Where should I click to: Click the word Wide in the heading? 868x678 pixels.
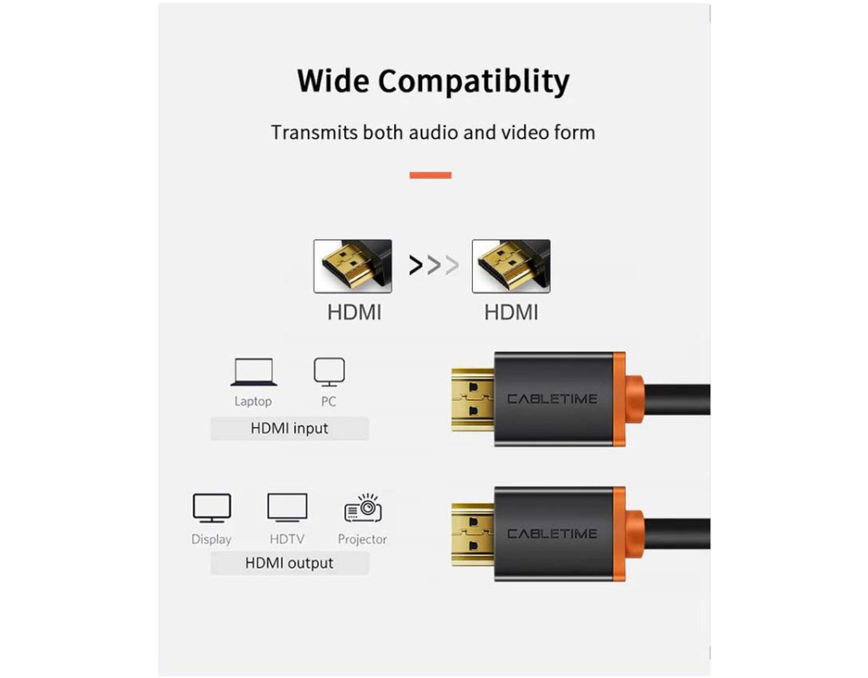[x=332, y=81]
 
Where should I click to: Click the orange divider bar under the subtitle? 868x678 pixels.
[x=431, y=175]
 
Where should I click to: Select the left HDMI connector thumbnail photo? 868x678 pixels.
[x=353, y=266]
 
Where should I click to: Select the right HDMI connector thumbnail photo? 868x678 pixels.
[x=511, y=266]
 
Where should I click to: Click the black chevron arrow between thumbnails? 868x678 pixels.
[x=415, y=265]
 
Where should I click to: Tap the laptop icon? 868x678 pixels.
[x=253, y=372]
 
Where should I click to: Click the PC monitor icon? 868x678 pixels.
[x=330, y=372]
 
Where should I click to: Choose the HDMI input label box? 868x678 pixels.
[x=290, y=428]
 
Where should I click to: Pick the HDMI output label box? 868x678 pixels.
[x=290, y=564]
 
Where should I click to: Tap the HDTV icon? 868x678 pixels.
[x=287, y=508]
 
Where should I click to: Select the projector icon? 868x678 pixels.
[x=364, y=508]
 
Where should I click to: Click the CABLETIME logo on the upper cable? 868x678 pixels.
[x=552, y=399]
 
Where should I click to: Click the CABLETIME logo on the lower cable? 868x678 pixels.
[x=552, y=534]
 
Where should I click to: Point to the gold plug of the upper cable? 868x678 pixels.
[x=473, y=400]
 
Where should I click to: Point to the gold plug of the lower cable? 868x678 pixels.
[x=473, y=535]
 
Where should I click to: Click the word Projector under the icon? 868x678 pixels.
[x=363, y=540]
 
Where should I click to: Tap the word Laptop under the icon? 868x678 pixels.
[x=253, y=402]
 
